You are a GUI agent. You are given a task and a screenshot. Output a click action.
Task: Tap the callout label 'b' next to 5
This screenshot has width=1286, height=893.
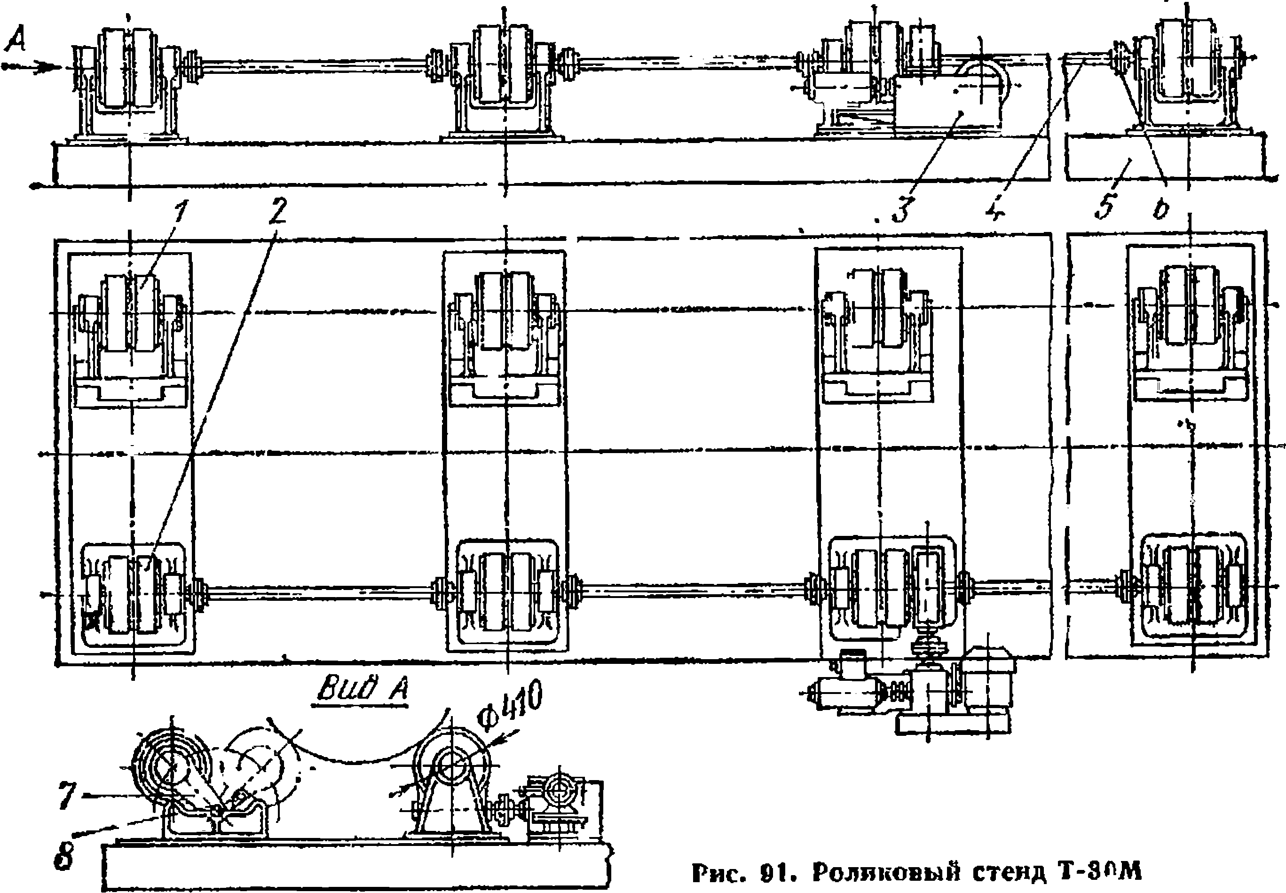click(1161, 210)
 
